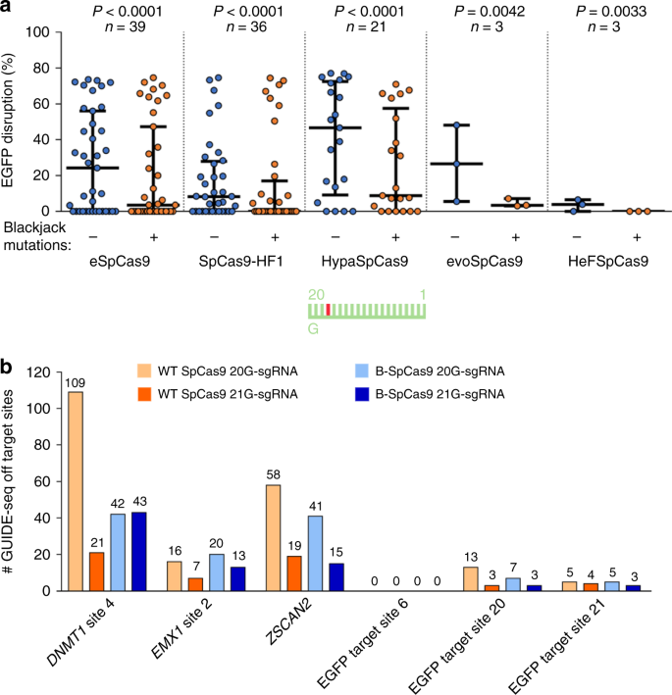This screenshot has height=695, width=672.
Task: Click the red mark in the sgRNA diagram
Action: tap(328, 310)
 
